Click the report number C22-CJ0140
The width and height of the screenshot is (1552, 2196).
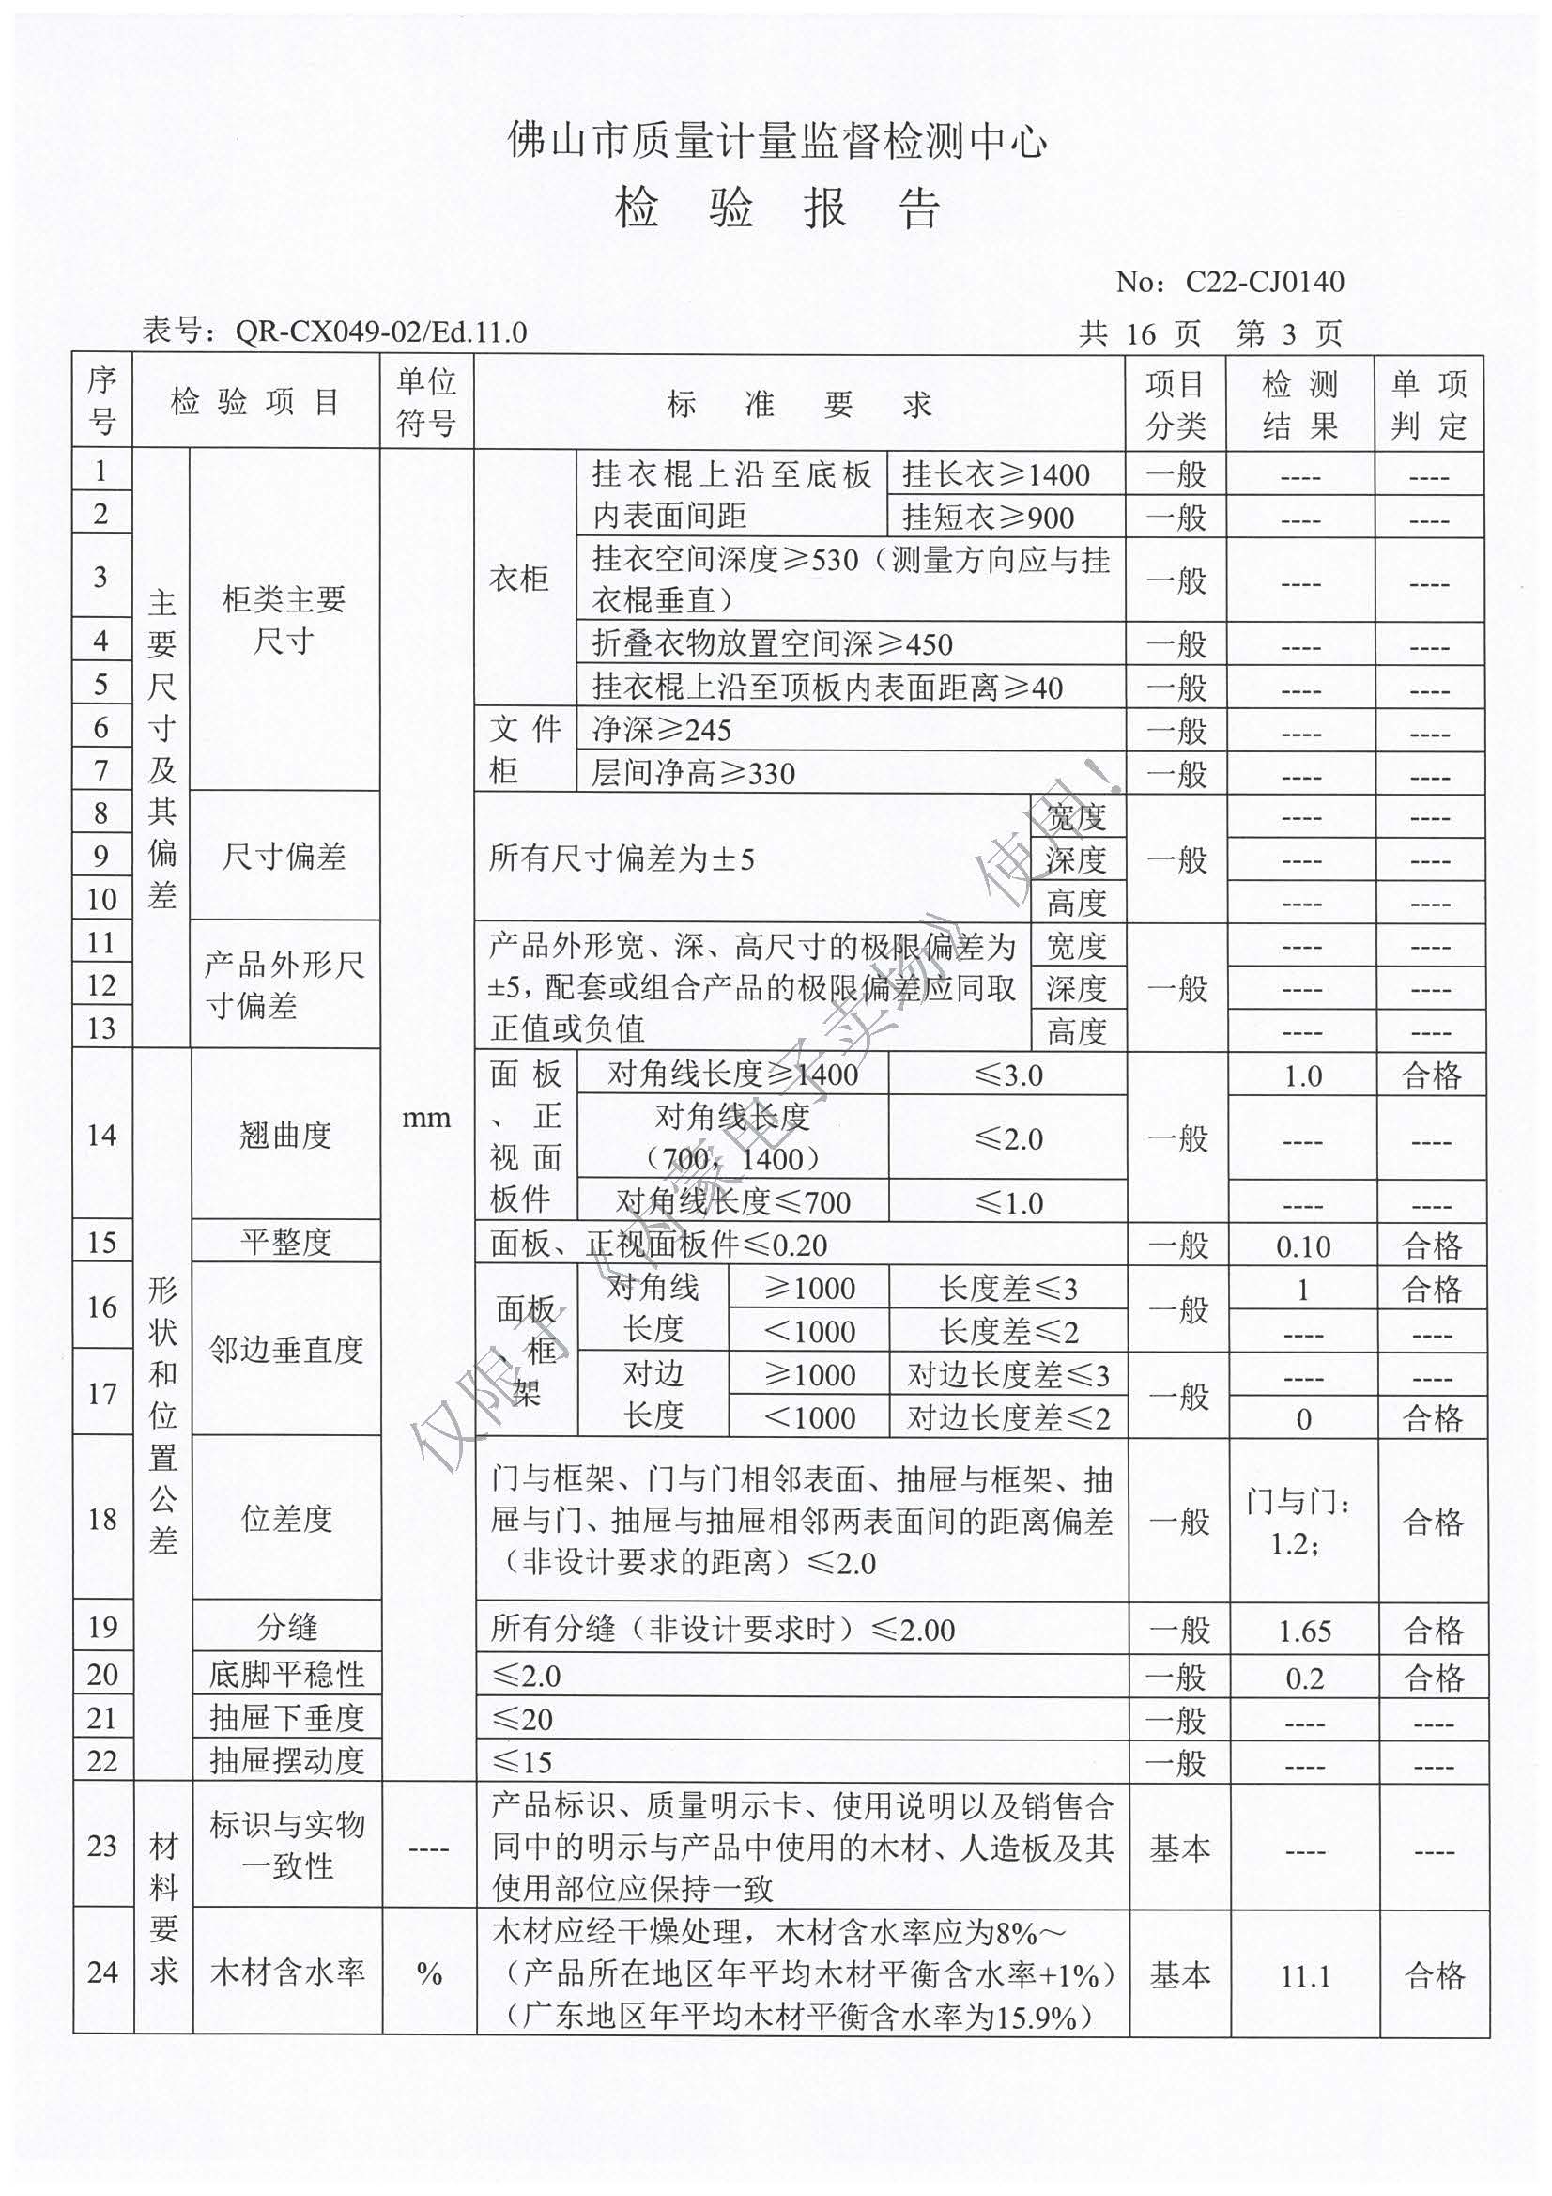(x=1264, y=282)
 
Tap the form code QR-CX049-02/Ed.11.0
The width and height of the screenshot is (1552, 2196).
(x=380, y=332)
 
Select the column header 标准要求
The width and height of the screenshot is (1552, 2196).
(x=798, y=405)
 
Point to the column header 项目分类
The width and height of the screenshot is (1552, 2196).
(x=1176, y=405)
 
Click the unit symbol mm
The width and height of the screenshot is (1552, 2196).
(x=426, y=1117)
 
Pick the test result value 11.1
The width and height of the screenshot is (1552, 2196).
(x=1304, y=1977)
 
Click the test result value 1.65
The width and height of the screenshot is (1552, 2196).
(x=1304, y=1631)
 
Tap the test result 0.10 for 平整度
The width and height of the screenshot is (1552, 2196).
(x=1302, y=1246)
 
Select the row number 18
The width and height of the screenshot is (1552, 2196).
(x=101, y=1520)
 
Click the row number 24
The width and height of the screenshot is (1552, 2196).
(x=102, y=1973)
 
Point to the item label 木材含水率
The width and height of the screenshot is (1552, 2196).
(x=287, y=1972)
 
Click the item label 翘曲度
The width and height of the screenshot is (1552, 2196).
(x=285, y=1136)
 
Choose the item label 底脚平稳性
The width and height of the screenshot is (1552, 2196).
(x=287, y=1675)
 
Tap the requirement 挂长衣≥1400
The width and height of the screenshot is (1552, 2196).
(x=995, y=474)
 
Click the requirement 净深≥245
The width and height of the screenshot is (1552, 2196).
(x=661, y=731)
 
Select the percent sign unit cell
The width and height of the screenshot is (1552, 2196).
(x=429, y=1974)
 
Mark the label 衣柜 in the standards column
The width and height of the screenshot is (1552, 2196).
(x=519, y=579)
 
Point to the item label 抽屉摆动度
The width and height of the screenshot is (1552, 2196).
(x=287, y=1761)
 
